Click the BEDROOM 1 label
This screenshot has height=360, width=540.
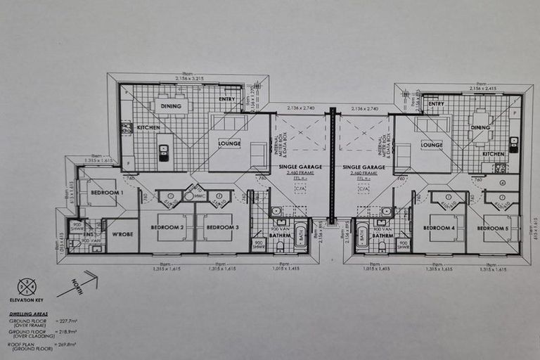pyautogui.click(x=107, y=192)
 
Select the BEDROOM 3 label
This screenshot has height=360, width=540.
pyautogui.click(x=223, y=228)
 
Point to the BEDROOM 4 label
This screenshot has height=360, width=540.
pyautogui.click(x=438, y=228)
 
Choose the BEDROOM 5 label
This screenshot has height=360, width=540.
pyautogui.click(x=492, y=229)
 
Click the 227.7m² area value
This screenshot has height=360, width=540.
pyautogui.click(x=67, y=321)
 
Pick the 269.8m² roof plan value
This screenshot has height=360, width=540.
pyautogui.click(x=67, y=345)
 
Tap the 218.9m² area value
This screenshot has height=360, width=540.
pyautogui.click(x=67, y=333)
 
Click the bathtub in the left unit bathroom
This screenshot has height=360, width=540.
pyautogui.click(x=300, y=236)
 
